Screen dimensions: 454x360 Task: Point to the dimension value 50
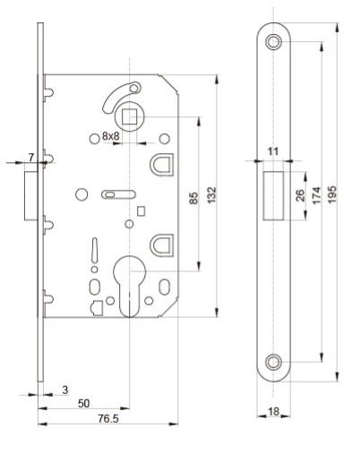click(x=83, y=404)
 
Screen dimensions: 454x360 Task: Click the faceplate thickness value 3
click(x=65, y=390)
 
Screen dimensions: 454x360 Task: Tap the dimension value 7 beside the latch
click(x=31, y=158)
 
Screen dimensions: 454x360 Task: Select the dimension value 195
click(x=333, y=196)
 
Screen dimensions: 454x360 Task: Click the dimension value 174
click(x=316, y=195)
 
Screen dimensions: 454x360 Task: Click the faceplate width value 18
click(x=272, y=412)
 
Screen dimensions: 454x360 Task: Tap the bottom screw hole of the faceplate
click(x=273, y=363)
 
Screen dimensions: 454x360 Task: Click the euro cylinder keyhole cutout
click(x=130, y=279)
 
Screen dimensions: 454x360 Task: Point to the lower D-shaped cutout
click(x=162, y=243)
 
